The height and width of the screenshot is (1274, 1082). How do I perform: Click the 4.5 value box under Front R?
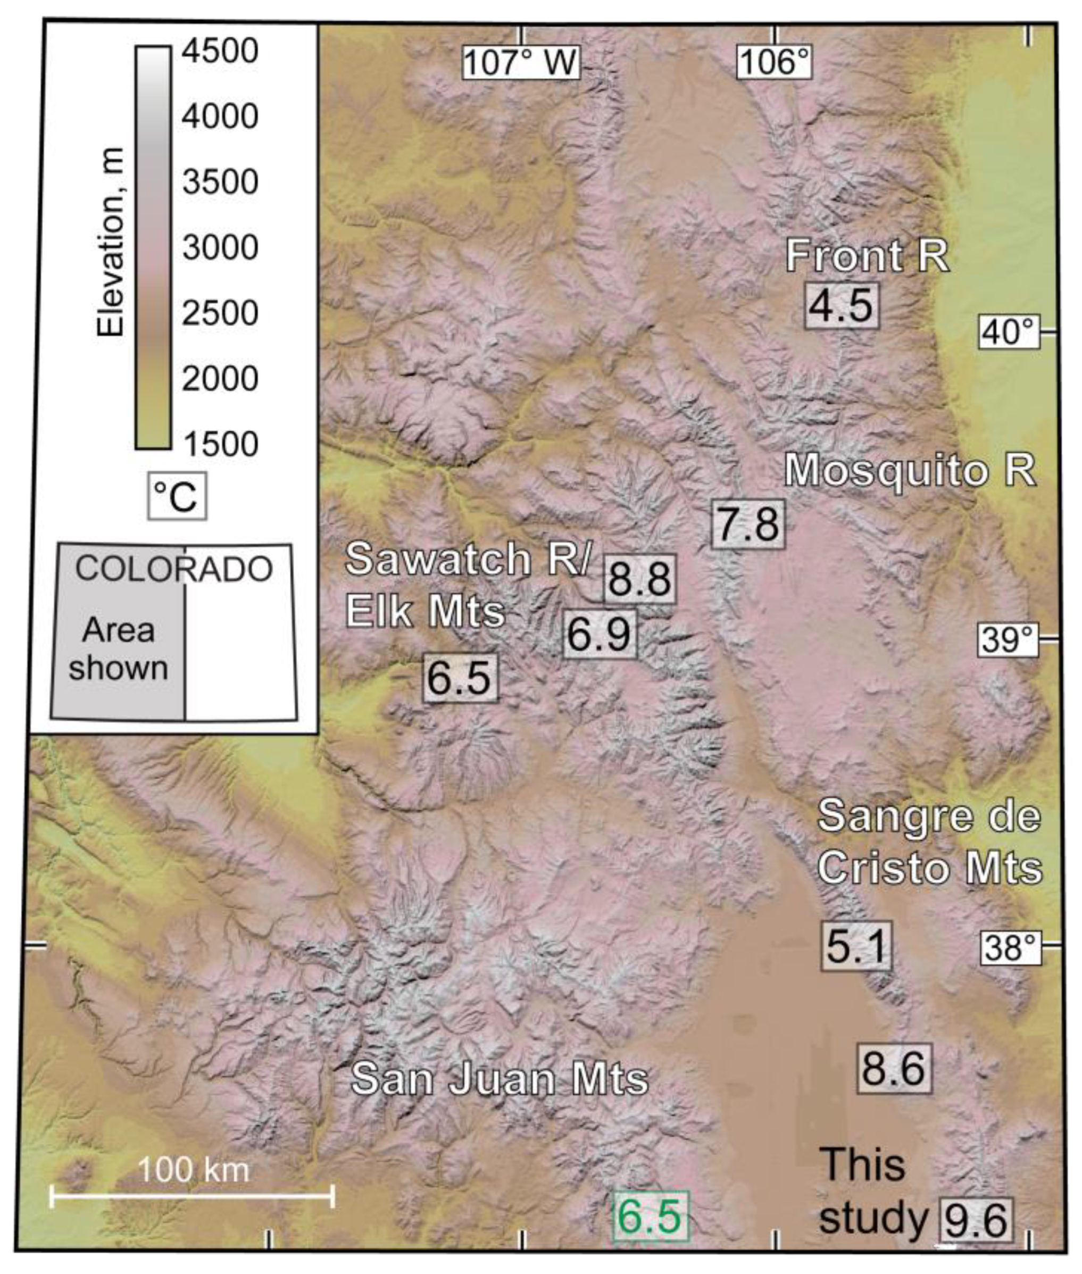pos(842,305)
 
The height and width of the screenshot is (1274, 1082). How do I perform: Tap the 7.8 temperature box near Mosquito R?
pos(748,524)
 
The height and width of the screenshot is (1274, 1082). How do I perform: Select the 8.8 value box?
pos(640,578)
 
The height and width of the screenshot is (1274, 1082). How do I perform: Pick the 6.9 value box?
pos(600,634)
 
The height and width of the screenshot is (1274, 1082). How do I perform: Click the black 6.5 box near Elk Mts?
pos(460,677)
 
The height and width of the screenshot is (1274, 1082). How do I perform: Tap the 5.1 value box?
pos(856,945)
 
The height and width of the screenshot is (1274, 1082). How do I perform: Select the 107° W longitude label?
pos(520,63)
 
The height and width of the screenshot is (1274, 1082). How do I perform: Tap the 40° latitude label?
pos(1009,332)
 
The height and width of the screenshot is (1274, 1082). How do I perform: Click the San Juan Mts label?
pos(500,1078)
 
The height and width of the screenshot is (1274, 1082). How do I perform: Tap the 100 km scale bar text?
pos(193,1169)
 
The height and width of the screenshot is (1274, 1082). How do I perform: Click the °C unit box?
pos(177,496)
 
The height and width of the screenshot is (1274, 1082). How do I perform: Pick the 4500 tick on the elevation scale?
pos(220,51)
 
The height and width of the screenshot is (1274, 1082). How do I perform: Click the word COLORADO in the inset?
pos(173,569)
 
